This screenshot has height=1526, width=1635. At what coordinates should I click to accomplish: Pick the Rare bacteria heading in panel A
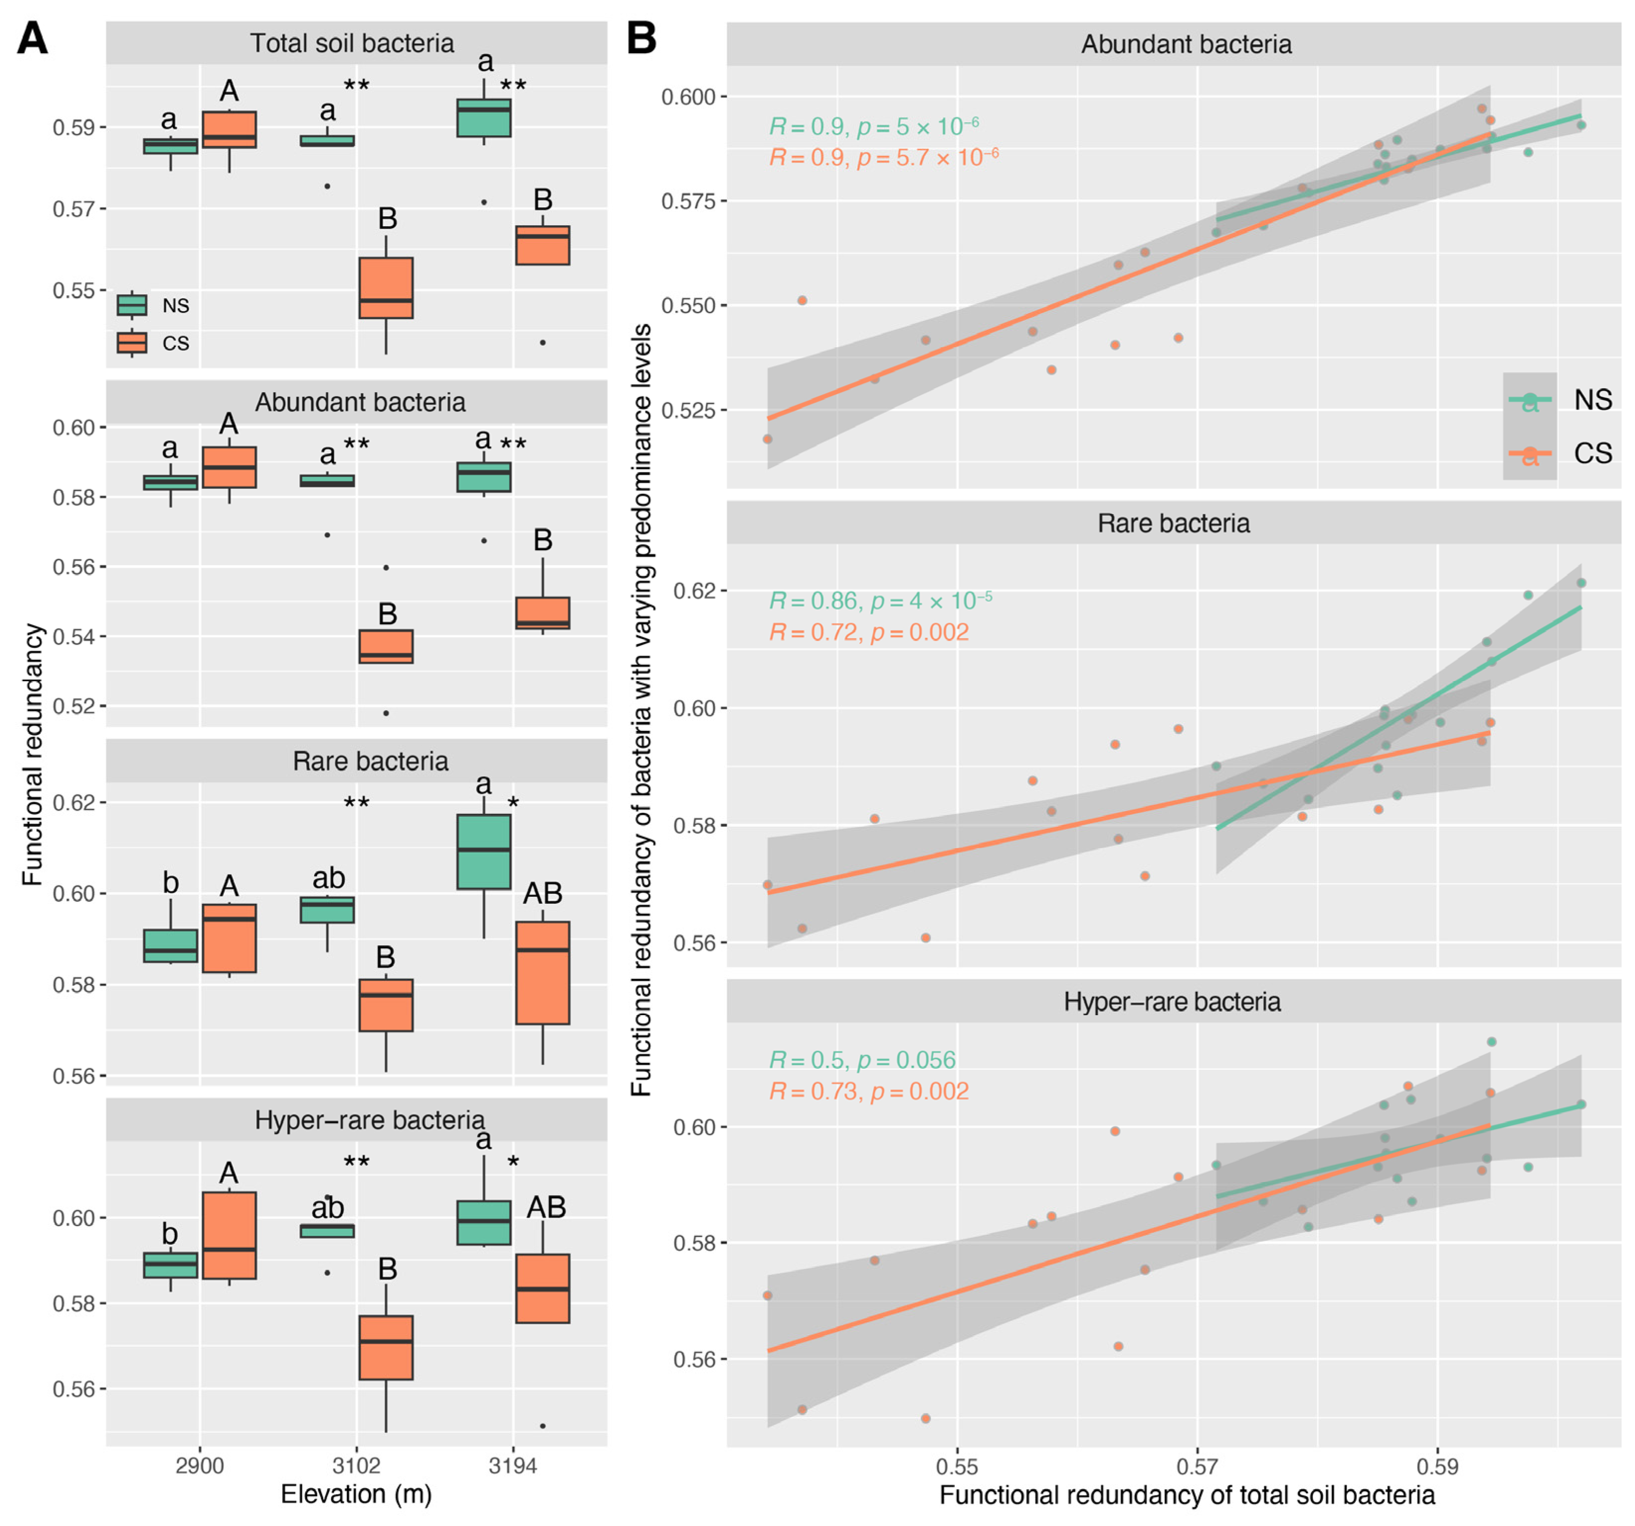pyautogui.click(x=370, y=761)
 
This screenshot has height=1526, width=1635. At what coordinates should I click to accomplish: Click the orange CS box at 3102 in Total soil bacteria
pyautogui.click(x=386, y=288)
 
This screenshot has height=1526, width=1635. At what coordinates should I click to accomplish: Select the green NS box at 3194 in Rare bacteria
pyautogui.click(x=484, y=851)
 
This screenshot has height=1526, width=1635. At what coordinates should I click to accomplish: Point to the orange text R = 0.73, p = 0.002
pyautogui.click(x=869, y=1091)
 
